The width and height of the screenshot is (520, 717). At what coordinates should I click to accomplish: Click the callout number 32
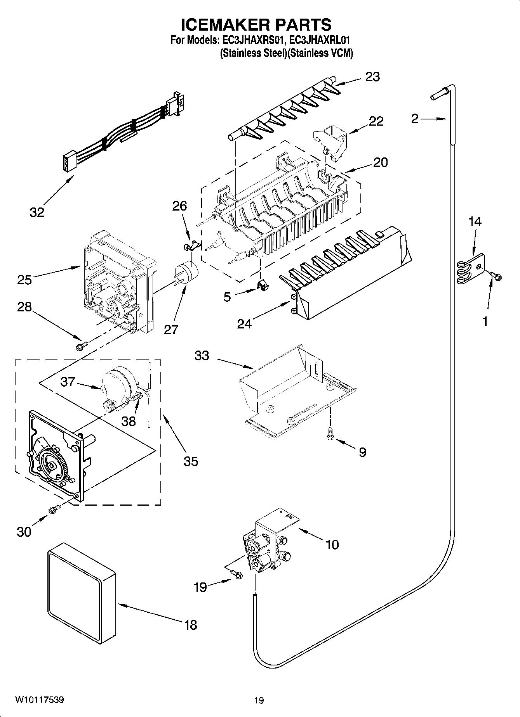tap(37, 212)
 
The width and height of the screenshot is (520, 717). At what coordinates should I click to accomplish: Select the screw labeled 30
tap(54, 509)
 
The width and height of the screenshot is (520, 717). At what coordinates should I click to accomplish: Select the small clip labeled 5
tap(263, 285)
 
